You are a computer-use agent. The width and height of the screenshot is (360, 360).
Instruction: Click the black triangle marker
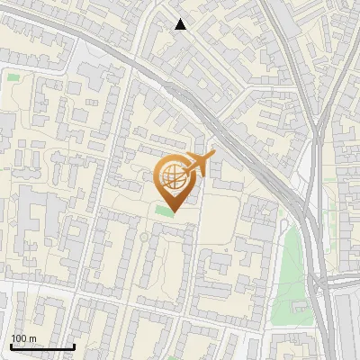181,24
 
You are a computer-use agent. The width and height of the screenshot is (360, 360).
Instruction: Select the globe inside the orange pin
173,180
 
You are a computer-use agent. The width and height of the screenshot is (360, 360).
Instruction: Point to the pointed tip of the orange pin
173,212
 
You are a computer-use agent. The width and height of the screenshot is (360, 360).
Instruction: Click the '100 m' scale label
23,338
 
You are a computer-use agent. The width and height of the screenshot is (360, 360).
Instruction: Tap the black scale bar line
41,346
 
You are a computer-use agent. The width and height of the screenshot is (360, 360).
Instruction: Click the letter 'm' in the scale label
32,338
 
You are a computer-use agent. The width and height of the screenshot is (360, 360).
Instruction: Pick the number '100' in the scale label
19,338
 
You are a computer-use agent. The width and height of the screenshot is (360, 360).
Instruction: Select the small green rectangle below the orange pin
163,211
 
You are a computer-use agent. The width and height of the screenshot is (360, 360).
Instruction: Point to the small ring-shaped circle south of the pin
144,238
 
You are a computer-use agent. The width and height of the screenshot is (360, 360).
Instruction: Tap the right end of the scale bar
73,346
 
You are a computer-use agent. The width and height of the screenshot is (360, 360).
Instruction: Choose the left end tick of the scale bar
11,346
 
